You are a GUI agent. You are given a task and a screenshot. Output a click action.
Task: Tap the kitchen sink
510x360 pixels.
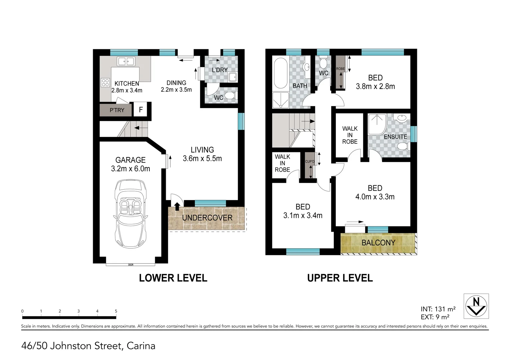point(126,61)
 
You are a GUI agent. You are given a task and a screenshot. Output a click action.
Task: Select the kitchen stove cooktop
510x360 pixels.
point(105,82)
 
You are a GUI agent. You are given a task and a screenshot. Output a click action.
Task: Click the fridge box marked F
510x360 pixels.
point(141,110)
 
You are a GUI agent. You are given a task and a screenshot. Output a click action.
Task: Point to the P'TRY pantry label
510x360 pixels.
point(117,110)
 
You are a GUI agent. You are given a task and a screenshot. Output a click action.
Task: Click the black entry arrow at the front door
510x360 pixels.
point(177,206)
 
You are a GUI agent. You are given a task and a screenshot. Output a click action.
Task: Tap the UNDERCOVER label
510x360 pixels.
point(207,218)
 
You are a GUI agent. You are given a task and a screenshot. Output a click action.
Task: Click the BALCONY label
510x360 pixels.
point(378,243)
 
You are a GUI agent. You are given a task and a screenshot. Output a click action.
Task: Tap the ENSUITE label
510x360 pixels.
point(395,137)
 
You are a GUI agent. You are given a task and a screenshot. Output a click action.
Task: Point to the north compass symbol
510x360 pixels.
point(476,306)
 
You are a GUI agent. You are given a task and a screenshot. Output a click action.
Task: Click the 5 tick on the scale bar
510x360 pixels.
point(116,311)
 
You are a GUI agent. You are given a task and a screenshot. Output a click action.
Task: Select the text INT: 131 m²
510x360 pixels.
point(438,309)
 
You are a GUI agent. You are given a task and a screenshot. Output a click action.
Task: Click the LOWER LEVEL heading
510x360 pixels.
point(173,278)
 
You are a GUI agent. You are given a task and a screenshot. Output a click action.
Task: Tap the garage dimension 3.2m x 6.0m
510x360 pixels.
point(130,169)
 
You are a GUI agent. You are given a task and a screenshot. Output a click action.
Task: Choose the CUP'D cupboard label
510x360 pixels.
point(310,162)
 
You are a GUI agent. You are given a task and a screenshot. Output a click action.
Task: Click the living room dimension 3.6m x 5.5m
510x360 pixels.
point(202,159)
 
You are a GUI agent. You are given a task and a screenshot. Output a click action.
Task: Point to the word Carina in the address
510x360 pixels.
point(141,346)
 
